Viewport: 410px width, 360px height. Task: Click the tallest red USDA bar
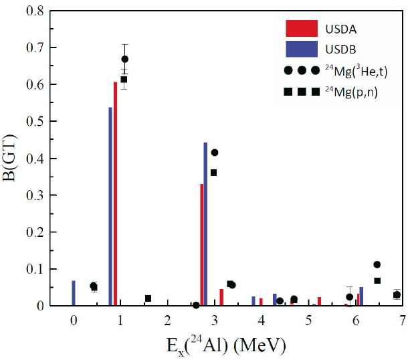pyautogui.click(x=116, y=194)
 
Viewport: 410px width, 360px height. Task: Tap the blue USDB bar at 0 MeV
pyautogui.click(x=74, y=293)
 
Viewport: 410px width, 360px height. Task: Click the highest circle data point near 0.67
pyautogui.click(x=125, y=59)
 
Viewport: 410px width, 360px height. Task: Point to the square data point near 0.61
pyautogui.click(x=124, y=80)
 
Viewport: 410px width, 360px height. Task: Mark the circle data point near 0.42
pyautogui.click(x=215, y=153)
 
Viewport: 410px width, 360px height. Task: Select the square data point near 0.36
pyautogui.click(x=214, y=173)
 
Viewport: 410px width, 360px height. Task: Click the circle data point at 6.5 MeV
pyautogui.click(x=377, y=265)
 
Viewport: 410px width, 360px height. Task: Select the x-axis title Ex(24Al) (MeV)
pyautogui.click(x=228, y=345)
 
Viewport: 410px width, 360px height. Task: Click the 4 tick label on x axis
pyautogui.click(x=262, y=319)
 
